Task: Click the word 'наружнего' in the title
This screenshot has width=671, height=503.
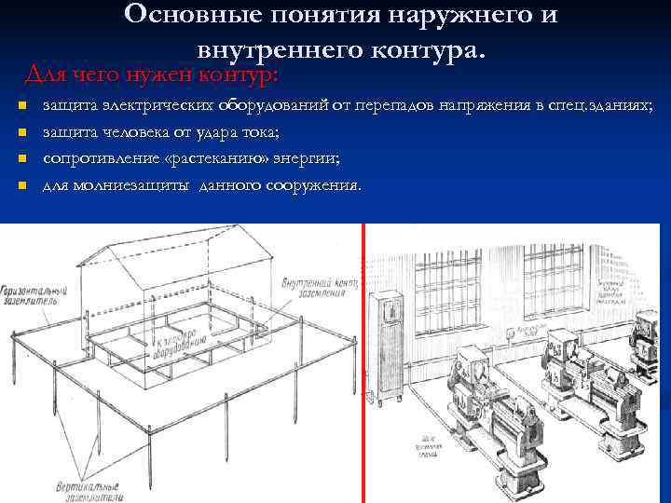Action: pyautogui.click(x=438, y=15)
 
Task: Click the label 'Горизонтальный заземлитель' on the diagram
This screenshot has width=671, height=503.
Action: pyautogui.click(x=29, y=295)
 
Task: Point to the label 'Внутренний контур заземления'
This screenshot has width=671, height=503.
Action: pyautogui.click(x=320, y=286)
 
